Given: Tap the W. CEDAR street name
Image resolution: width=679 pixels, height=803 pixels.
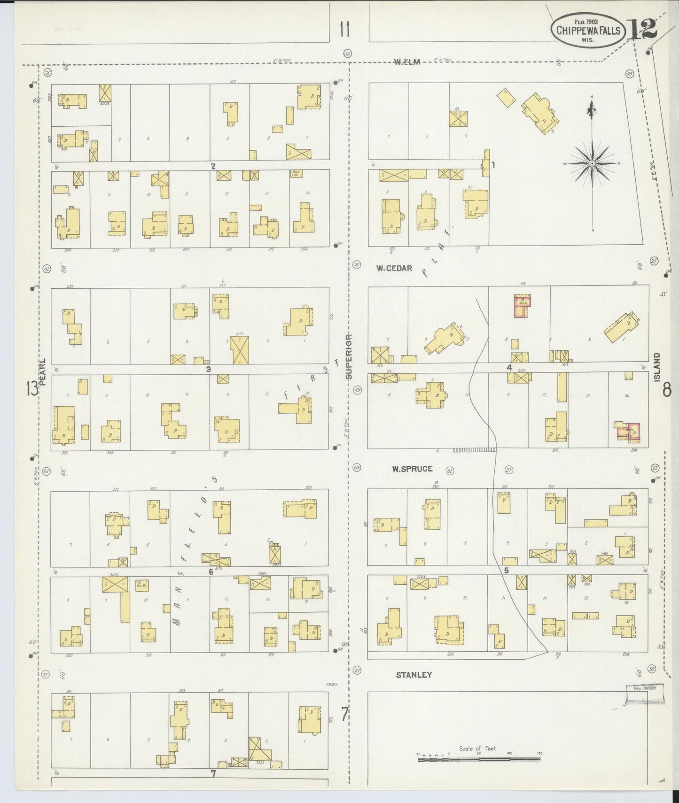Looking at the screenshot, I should click(394, 269).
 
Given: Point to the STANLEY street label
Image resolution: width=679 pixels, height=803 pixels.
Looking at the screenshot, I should click(414, 675).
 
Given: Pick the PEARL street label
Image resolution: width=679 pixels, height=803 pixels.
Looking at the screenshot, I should click(43, 372).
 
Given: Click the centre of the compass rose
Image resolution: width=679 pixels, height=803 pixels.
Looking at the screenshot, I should click(593, 163).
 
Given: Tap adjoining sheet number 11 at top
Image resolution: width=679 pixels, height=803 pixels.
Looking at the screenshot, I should click(344, 30).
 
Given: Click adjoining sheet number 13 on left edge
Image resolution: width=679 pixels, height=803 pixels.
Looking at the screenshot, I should click(32, 389).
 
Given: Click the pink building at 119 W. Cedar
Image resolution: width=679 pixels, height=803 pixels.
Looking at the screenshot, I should click(521, 307).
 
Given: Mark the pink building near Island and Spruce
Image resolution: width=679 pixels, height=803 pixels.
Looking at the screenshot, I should click(628, 432).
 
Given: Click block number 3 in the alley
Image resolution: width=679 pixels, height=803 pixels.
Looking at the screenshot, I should click(208, 369).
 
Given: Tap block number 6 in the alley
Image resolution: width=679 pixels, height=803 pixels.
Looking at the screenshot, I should click(211, 571).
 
